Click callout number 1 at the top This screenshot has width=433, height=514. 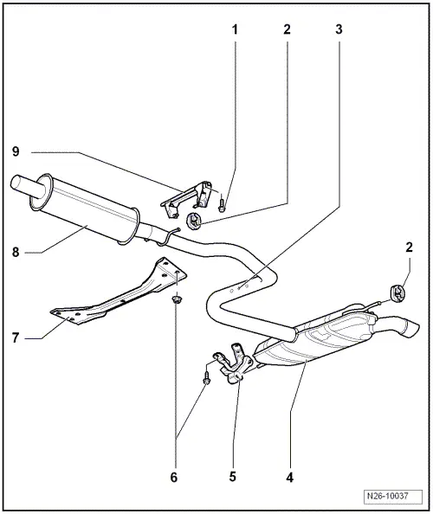pos(235,29)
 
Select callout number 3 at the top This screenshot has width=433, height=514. pos(339,29)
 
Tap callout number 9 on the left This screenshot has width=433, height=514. pos(16,151)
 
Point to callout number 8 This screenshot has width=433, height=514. pos(16,253)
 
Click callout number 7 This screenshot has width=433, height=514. pos(16,337)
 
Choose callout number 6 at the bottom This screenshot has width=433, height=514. pos(174,478)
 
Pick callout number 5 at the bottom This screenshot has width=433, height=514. pos(233,477)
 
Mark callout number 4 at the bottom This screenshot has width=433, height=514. pos(289,478)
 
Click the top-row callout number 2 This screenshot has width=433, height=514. pos(287,29)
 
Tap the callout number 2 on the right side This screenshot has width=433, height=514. pos(409,247)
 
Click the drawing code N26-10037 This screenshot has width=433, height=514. pos(392,496)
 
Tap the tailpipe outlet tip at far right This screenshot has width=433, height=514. pos(411,329)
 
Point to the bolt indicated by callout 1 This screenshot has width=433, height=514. pos(222,203)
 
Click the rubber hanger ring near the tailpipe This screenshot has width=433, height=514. pos(397,292)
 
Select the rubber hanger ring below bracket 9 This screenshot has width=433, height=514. pos(194,221)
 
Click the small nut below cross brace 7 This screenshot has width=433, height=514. pos(178,299)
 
